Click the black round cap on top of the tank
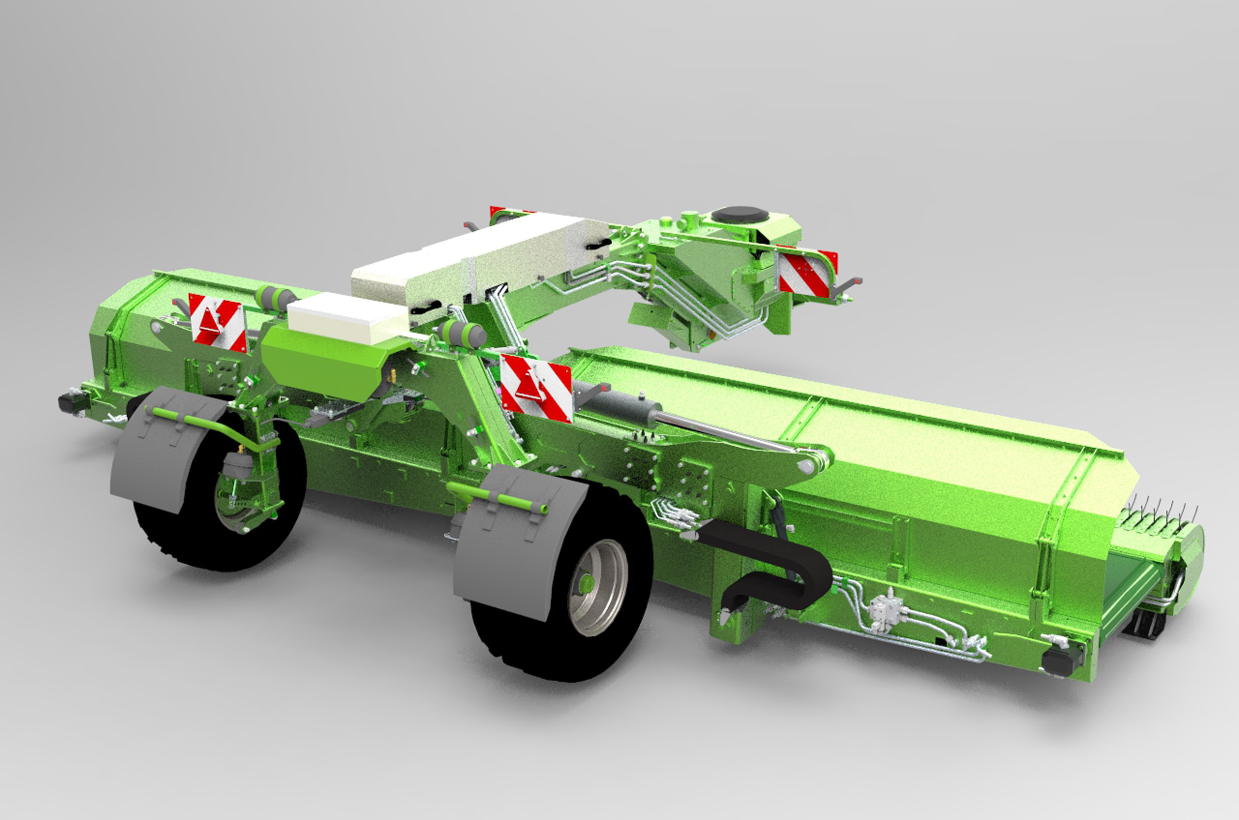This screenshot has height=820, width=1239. click(x=740, y=213)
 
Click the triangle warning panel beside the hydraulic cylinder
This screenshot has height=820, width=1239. click(x=535, y=387)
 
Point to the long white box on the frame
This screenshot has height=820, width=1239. click(x=479, y=264)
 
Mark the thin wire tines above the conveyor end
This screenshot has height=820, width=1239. click(x=1160, y=510)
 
